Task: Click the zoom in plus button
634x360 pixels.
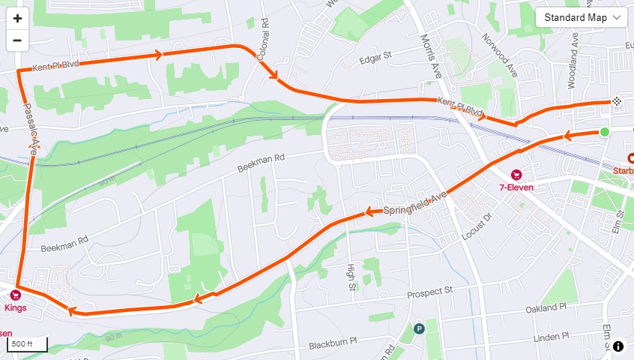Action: pos(17,18)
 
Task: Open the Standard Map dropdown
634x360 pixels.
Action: pos(581,17)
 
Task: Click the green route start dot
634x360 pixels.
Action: pos(604,133)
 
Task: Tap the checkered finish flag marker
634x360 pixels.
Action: pos(616,100)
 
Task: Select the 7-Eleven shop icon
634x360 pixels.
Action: pos(516,174)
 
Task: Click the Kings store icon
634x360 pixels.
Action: pos(15,295)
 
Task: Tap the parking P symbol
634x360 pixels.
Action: pos(419,328)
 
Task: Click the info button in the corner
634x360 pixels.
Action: pos(618,346)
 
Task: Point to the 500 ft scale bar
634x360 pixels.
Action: pos(28,344)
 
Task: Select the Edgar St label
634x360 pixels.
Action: pos(376,56)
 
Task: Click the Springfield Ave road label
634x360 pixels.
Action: pos(414,203)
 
